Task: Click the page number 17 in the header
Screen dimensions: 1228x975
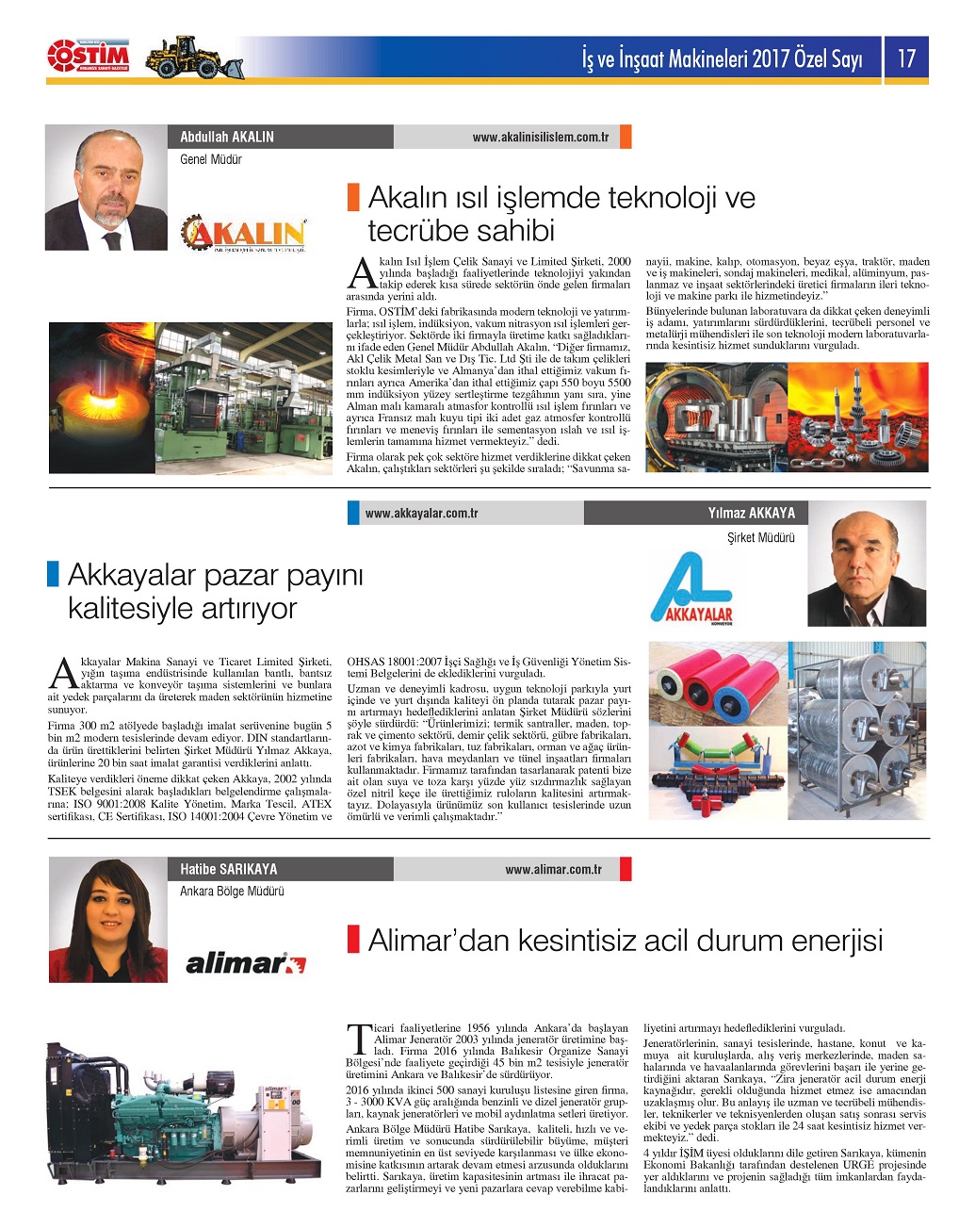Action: point(906,59)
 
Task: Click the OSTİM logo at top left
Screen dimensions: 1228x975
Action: point(89,57)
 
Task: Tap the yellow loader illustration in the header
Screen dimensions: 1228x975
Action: point(194,57)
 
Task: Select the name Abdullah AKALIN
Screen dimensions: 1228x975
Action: point(227,137)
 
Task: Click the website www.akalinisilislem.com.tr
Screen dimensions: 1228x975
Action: point(540,138)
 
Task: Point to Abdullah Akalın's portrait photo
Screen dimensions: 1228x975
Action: point(106,188)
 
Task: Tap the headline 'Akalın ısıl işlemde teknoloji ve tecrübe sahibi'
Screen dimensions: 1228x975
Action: point(561,214)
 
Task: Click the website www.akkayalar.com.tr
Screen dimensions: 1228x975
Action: point(421,514)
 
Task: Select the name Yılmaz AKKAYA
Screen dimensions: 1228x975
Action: point(751,514)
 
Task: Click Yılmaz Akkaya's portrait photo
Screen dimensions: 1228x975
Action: point(867,568)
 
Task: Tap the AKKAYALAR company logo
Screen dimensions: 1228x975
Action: point(691,589)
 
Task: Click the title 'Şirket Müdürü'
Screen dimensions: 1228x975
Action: point(760,538)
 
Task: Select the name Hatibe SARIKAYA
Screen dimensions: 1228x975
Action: point(229,869)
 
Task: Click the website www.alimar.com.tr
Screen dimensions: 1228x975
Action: point(553,870)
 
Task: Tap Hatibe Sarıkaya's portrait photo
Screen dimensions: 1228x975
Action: point(107,921)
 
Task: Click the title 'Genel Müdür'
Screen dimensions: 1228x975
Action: point(211,160)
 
